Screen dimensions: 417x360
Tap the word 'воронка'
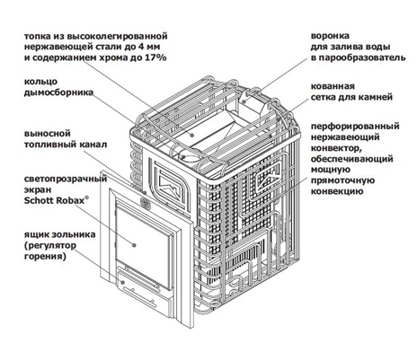(330, 36)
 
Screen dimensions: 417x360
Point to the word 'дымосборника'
(58, 92)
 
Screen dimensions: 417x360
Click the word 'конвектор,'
(334, 148)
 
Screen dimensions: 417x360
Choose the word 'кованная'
(333, 86)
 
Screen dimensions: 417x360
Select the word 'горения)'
(45, 257)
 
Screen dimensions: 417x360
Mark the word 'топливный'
(49, 145)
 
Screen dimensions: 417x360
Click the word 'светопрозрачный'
(66, 179)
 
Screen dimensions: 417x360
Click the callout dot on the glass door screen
(134, 245)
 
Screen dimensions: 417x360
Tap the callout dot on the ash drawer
(122, 282)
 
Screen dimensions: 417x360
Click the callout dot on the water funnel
(244, 101)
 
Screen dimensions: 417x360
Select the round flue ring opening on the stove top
(190, 157)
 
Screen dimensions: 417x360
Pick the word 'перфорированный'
(355, 127)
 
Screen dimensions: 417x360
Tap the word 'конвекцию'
(336, 191)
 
